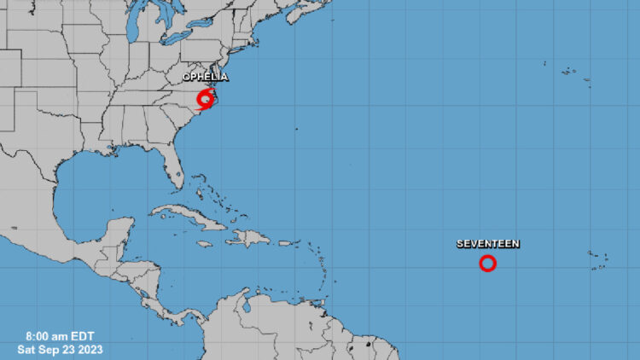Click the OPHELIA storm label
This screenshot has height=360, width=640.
[205, 77]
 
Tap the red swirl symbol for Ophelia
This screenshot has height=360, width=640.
[205, 100]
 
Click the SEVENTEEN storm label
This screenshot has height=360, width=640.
[487, 244]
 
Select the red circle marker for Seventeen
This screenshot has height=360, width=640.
[487, 264]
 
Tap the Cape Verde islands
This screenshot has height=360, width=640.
[598, 258]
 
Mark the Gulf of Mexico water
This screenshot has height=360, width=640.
[94, 183]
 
